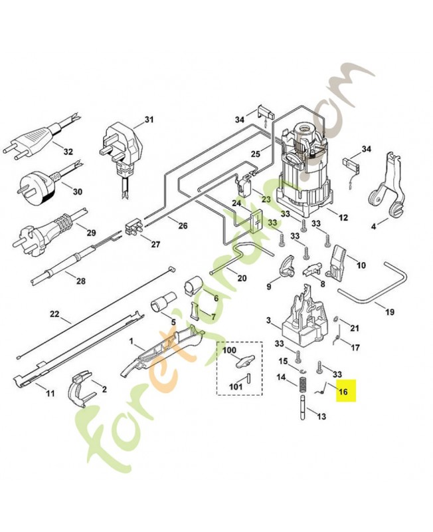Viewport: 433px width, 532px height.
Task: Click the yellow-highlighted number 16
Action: (x=343, y=392)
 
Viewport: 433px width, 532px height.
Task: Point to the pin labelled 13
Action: (x=303, y=407)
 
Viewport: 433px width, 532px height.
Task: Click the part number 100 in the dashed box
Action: (x=229, y=350)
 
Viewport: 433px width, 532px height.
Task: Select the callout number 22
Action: (x=54, y=314)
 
